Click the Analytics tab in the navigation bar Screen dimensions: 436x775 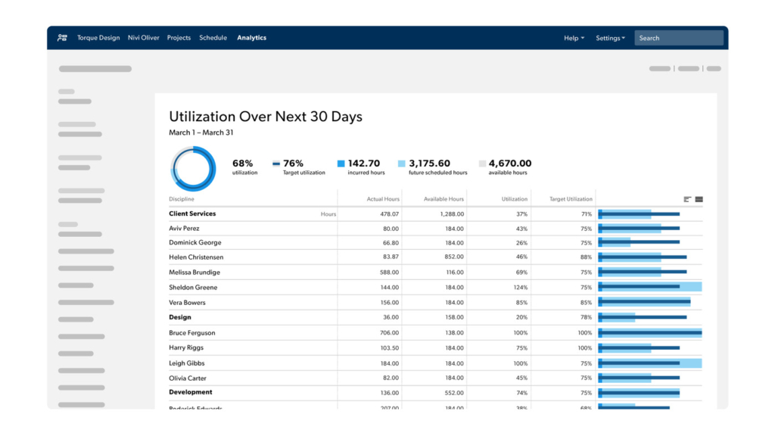[251, 38]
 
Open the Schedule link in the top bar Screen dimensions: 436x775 [213, 38]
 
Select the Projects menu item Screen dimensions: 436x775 [179, 38]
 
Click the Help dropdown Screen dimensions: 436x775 [574, 38]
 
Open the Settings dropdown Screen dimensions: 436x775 [610, 38]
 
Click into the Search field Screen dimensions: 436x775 [679, 38]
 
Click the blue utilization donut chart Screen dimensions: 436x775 [193, 167]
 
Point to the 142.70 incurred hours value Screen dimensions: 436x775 [363, 163]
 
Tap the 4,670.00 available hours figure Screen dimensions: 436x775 [509, 163]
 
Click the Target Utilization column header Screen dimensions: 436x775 [570, 199]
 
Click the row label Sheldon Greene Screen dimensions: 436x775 [192, 288]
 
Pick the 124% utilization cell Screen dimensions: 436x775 [521, 288]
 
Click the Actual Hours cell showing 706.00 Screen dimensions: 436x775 [389, 333]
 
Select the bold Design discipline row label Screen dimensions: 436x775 [180, 318]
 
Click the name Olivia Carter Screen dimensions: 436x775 [187, 378]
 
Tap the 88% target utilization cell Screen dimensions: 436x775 [586, 257]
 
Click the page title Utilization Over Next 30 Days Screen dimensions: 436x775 [265, 117]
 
